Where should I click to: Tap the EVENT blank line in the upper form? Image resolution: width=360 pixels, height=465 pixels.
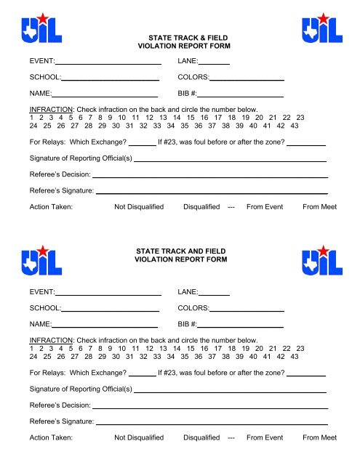click(x=108, y=64)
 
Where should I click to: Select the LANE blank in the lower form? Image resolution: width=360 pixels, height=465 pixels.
click(x=215, y=296)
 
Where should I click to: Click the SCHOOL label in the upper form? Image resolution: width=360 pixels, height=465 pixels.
click(x=44, y=76)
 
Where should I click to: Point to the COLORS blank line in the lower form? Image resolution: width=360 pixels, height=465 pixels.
click(x=247, y=313)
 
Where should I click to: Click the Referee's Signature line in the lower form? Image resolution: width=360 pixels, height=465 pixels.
click(x=212, y=424)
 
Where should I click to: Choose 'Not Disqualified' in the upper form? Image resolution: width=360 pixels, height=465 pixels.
click(x=140, y=207)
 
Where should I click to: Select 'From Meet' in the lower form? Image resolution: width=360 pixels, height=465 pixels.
click(x=320, y=437)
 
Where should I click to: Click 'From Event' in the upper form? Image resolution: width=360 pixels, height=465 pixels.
click(x=265, y=207)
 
